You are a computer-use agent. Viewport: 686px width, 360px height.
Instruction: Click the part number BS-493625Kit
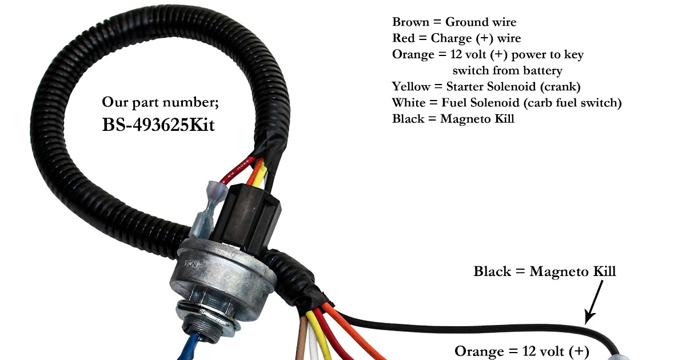pyautogui.click(x=158, y=125)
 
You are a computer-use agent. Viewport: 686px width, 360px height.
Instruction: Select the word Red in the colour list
pyautogui.click(x=403, y=38)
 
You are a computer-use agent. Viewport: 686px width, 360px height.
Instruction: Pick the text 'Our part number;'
pyautogui.click(x=161, y=102)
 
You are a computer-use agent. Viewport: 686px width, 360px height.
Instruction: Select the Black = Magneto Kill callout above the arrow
pyautogui.click(x=544, y=271)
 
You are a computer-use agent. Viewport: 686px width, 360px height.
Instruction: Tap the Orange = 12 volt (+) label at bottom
pyautogui.click(x=521, y=350)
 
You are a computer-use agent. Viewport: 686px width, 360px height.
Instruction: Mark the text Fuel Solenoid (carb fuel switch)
pyautogui.click(x=531, y=103)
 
